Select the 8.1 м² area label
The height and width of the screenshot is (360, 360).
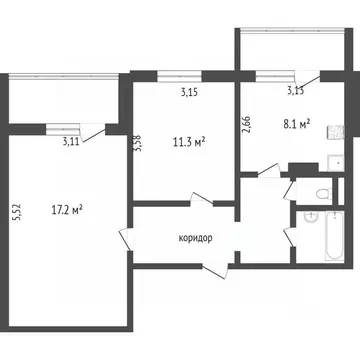pos(296,125)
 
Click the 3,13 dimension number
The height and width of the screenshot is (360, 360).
pos(296,91)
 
